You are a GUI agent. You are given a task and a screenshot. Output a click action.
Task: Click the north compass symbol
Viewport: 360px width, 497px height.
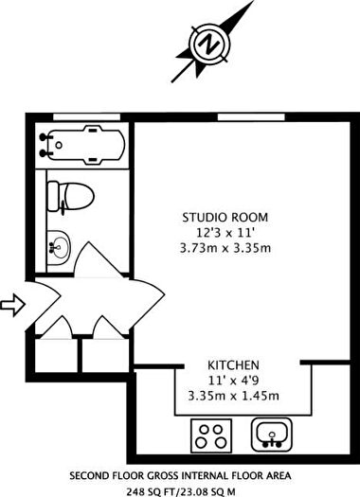coord(210,43)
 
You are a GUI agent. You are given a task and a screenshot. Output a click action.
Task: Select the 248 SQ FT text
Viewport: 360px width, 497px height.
coord(155,490)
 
